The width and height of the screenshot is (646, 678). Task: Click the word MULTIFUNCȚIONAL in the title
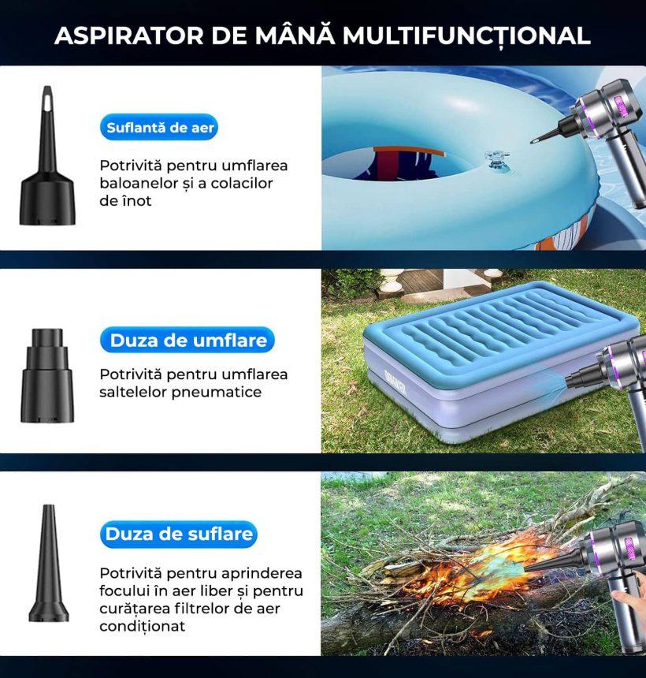[x=466, y=36]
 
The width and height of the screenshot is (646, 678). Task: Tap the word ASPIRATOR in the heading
[x=128, y=35]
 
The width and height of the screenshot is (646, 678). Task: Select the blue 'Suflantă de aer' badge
[x=159, y=127]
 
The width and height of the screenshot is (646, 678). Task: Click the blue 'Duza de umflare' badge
[x=187, y=340]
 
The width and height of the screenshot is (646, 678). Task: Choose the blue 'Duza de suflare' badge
[x=179, y=534]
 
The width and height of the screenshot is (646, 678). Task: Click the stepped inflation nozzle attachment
[x=47, y=375]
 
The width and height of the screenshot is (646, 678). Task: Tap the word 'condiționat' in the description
[x=142, y=626]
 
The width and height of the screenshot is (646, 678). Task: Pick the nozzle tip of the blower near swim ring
[x=534, y=141]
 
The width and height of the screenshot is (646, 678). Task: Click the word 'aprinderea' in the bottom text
[x=259, y=574]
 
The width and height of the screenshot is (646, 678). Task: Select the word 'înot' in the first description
[x=139, y=201]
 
